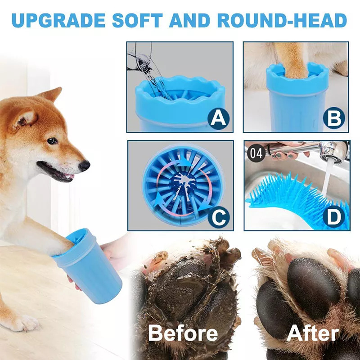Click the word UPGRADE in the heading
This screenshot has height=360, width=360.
58,20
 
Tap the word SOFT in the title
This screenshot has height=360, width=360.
137,20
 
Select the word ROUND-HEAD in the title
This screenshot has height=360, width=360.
282,20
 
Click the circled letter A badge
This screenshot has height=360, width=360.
218,118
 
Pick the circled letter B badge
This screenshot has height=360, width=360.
334,118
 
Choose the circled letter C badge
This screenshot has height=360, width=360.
218,217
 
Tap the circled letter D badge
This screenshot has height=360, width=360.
334,217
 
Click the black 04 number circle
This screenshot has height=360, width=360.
256,153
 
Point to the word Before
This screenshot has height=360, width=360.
183,333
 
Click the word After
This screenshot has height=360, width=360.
312,333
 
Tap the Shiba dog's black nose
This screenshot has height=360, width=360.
84,165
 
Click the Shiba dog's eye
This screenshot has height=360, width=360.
52,140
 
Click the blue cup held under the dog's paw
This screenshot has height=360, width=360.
87,262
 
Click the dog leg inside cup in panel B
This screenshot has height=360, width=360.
292,60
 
